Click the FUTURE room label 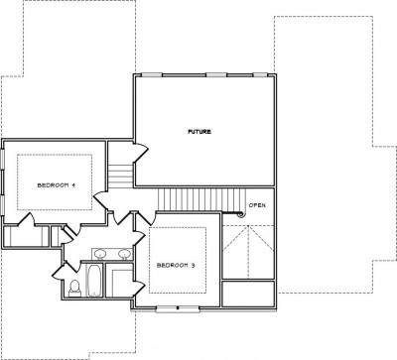click(199, 132)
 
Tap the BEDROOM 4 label click(57, 185)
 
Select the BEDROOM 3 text click(176, 265)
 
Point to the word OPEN click(257, 205)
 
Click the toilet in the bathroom click(74, 288)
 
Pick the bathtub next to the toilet click(94, 281)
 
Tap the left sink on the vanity click(99, 254)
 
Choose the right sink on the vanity click(124, 254)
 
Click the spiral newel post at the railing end click(241, 214)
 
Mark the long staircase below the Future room click(201, 199)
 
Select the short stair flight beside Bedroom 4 click(121, 176)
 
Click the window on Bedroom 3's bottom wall click(178, 308)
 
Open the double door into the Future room click(141, 153)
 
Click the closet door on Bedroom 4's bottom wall click(26, 220)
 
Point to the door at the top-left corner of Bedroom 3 click(146, 218)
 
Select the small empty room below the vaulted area click(248, 294)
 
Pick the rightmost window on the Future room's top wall click(260, 75)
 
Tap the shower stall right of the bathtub click(119, 281)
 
